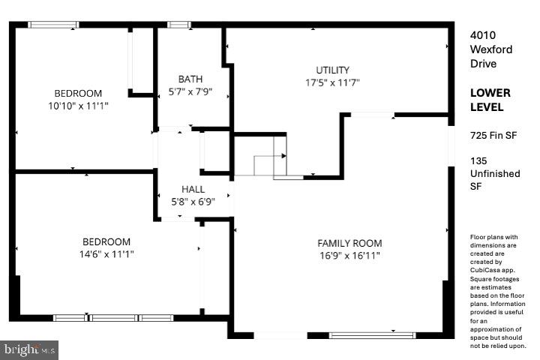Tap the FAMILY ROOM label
pos(349,243)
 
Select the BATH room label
pos(190,79)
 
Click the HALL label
pos(193,190)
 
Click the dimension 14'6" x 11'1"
pos(106,254)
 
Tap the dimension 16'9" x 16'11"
pos(349,256)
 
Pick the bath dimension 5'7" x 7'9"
pos(190,91)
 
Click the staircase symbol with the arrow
pos(268,157)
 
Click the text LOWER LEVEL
pos(490,100)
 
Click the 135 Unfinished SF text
pos(494,173)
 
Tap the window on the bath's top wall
pos(178,25)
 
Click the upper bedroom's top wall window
pos(53,25)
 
